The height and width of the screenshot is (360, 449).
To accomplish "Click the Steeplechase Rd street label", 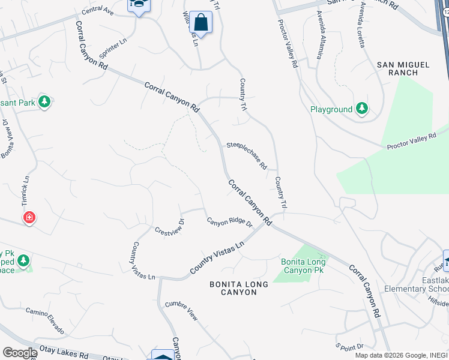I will [x=246, y=155].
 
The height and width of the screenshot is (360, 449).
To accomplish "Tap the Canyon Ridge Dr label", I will [x=230, y=222].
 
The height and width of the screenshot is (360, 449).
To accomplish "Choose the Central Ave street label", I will [x=97, y=11].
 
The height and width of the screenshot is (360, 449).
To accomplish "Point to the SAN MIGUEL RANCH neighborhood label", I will [x=403, y=68].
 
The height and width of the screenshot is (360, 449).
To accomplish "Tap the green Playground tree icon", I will [x=361, y=109].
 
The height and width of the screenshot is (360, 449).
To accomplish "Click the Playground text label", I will [x=331, y=110].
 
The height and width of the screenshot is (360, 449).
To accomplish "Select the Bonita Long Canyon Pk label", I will [x=303, y=266].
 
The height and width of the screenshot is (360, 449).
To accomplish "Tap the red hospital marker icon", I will [x=29, y=217].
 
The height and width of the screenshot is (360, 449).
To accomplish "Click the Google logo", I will [x=19, y=353].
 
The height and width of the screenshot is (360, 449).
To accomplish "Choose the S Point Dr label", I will [x=349, y=347].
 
